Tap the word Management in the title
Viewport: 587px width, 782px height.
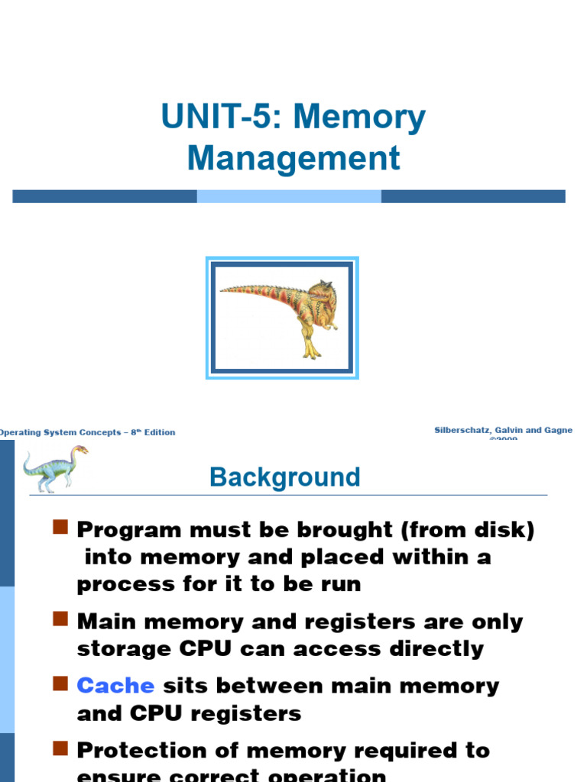pos(293,158)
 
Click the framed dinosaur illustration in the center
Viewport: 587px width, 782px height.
pos(282,318)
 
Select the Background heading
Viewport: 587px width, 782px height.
pos(285,477)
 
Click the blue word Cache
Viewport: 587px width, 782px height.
pos(115,685)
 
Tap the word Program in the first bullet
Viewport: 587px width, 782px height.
pos(128,529)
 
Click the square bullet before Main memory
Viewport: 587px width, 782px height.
pos(61,619)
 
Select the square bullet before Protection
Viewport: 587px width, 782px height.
pos(61,748)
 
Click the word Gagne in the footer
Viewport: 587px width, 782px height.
pos(557,431)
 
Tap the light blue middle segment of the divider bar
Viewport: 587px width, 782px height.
pos(289,196)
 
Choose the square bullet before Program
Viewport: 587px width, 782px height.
pos(61,527)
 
